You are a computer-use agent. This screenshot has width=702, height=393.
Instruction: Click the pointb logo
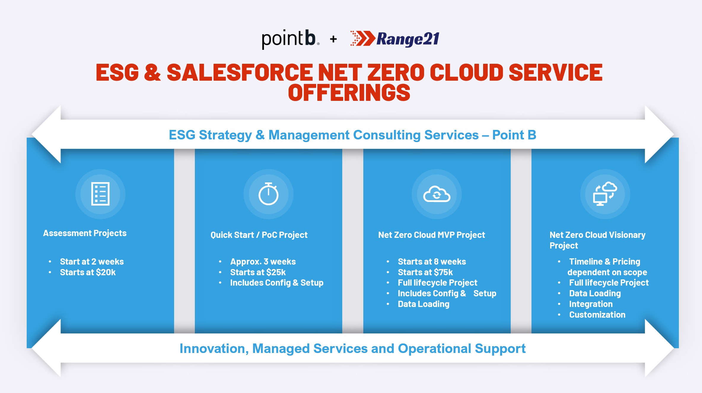pos(290,39)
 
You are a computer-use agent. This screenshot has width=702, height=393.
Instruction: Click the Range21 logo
pos(395,39)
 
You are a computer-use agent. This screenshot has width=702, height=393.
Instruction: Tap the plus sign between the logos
pos(333,39)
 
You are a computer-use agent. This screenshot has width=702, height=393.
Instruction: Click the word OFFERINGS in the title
pos(349,93)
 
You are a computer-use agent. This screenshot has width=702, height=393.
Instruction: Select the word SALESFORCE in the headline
pos(240,72)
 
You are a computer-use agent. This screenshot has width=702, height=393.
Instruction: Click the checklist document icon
pos(100,194)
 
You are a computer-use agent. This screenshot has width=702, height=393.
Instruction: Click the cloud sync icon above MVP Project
pos(437,194)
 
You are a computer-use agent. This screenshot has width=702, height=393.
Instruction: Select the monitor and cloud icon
pos(605,194)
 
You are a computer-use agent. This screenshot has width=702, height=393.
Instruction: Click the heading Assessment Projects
pos(85,233)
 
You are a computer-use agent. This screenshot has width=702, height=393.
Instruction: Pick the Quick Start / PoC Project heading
pos(259,235)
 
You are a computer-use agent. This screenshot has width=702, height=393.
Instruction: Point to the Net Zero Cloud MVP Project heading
pos(432,235)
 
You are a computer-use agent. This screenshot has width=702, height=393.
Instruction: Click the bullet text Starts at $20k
pos(88,272)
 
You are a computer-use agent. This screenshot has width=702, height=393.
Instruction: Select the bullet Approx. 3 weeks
pos(263,262)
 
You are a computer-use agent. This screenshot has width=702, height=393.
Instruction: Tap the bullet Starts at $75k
pos(425,272)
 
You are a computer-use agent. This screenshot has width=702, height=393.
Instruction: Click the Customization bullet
pos(597,315)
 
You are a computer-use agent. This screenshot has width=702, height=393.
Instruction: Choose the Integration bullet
pos(591,304)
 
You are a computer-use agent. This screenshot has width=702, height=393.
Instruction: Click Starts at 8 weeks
pos(432,262)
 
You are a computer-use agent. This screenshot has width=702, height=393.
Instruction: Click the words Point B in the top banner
pos(514,135)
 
